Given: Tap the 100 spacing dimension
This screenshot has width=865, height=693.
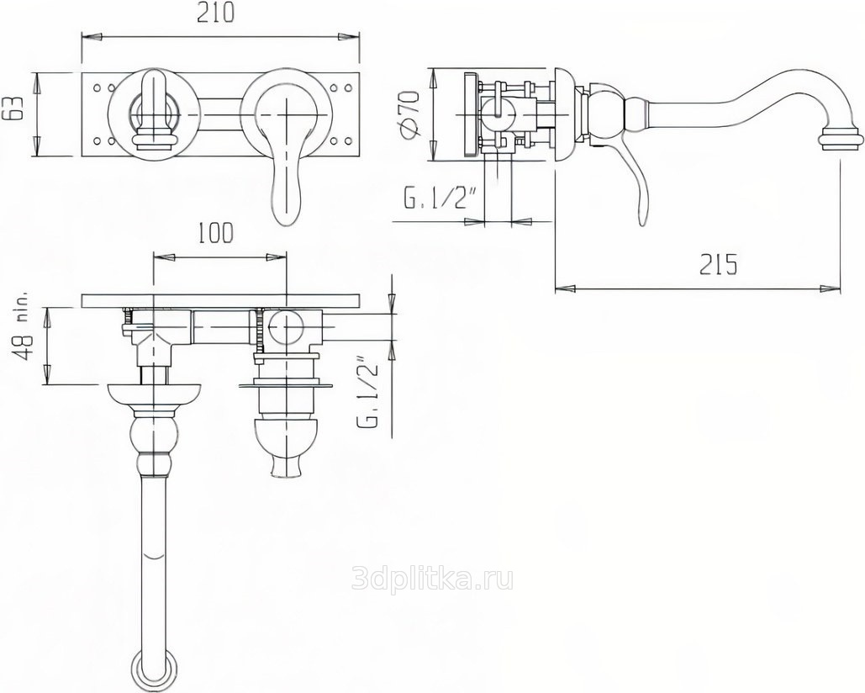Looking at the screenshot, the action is pos(216,233).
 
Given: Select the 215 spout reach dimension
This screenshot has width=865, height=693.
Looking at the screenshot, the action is pos(718,265).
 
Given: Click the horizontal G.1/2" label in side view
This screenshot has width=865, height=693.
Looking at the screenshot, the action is pos(440,199).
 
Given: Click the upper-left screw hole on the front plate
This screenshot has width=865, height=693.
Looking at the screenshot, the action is pos(98,87).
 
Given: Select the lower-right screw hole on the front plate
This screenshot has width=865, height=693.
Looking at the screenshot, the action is pos(348,142).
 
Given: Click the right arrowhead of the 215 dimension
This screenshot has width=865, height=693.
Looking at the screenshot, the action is pos(830,287).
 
